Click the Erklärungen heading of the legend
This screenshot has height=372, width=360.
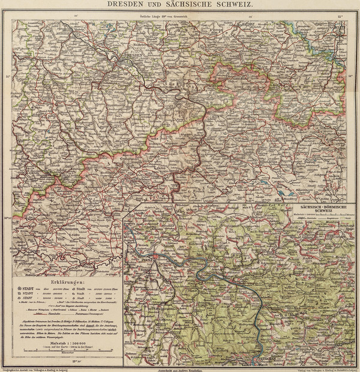(64, 280)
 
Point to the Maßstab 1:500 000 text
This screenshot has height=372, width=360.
(64, 342)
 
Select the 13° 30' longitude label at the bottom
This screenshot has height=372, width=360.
(77, 361)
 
